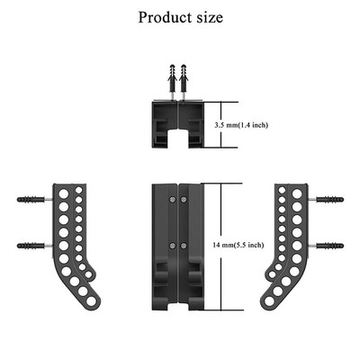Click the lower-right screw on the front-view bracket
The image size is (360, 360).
[185, 245]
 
